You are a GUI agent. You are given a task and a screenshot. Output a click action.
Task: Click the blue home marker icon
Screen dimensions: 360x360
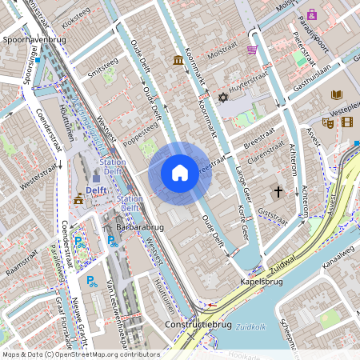point(180,172)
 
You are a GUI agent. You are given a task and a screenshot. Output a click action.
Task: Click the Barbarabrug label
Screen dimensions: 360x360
point(140,226)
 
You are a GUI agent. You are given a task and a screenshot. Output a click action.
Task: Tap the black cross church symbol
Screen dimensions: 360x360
point(278,192)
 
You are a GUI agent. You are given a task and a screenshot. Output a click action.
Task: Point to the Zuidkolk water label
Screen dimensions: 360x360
point(250,326)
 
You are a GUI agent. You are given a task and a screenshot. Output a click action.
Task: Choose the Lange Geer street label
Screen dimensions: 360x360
point(242,183)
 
